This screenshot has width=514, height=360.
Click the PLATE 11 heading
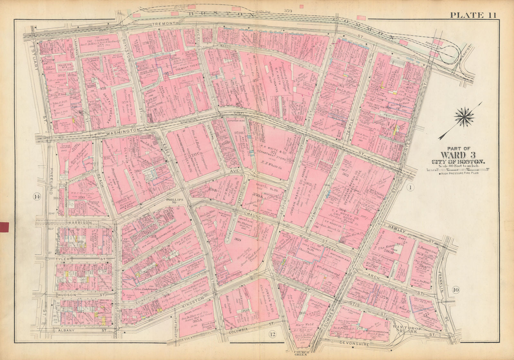coord(473,15)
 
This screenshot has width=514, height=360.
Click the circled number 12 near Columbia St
coord(273,335)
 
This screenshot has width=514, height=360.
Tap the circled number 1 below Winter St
coord(410,187)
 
